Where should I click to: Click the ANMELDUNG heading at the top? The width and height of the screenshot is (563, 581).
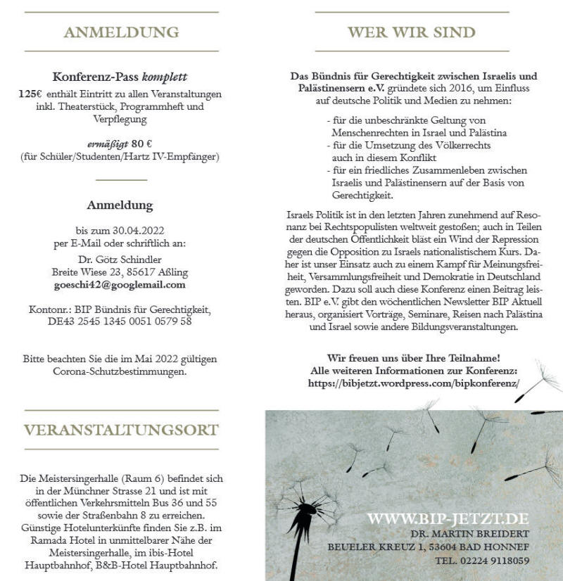121,32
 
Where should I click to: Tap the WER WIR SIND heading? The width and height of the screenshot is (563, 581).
412,32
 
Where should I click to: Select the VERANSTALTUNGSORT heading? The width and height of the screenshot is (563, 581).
121,430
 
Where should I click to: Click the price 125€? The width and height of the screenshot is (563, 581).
31,94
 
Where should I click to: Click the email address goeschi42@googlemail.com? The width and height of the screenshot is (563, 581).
120,285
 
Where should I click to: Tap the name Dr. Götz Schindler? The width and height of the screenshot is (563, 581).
120,259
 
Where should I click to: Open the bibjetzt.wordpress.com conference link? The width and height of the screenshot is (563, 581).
414,383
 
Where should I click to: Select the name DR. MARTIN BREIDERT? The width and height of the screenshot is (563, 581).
469,534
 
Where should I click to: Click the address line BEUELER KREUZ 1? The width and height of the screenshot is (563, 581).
377,547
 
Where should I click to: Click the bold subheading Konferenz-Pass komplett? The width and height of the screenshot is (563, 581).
120,77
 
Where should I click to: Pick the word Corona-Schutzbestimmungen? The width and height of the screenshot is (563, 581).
120,372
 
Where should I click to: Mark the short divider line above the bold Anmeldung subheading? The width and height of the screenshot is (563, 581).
120,180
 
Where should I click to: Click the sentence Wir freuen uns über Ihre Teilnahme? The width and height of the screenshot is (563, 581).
414,358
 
